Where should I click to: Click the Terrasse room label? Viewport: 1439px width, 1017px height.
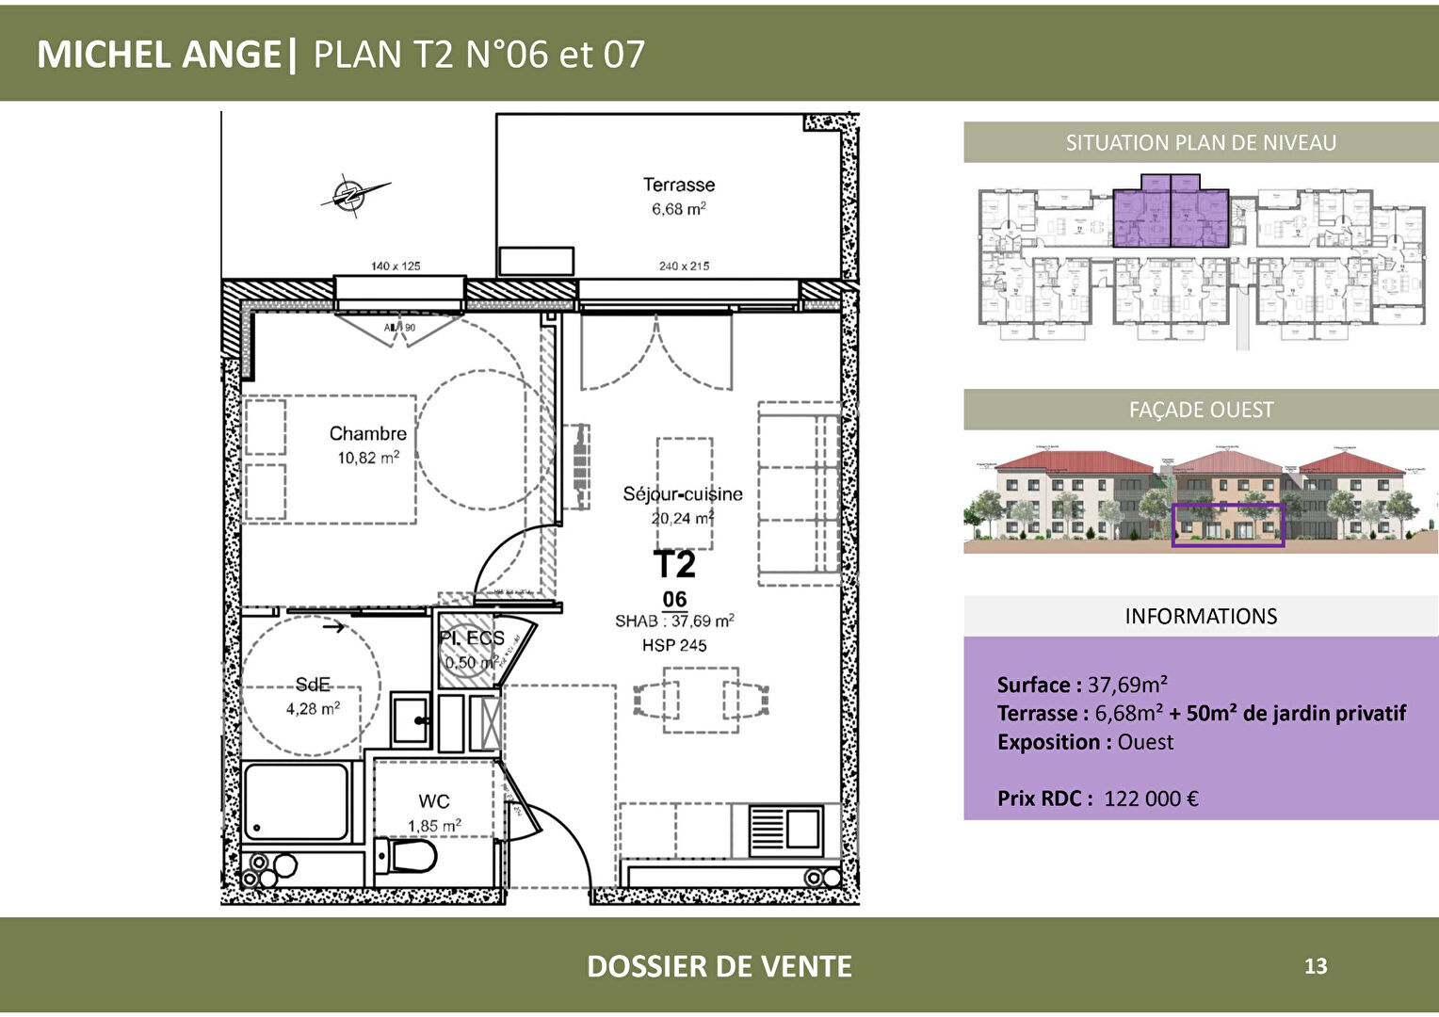click(678, 186)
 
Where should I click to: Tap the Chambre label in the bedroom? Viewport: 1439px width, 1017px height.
click(367, 434)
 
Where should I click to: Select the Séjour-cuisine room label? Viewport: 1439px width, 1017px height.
click(682, 494)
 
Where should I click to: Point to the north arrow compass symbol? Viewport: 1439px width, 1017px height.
click(351, 194)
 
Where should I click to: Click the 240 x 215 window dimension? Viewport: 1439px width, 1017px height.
click(684, 266)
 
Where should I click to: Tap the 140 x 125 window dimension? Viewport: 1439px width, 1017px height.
click(396, 266)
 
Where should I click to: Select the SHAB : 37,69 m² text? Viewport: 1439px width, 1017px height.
click(674, 621)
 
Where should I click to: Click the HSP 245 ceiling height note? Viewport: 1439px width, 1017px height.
click(674, 646)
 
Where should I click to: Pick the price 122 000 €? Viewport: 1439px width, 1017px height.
click(1151, 799)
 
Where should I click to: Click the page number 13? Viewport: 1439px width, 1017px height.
click(1316, 966)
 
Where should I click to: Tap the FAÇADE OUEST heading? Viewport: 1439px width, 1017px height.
click(1201, 411)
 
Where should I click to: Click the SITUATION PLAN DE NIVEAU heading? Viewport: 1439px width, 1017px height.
click(1201, 143)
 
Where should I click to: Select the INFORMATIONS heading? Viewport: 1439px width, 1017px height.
click(1201, 617)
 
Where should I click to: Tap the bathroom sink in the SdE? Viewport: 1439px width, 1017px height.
click(411, 720)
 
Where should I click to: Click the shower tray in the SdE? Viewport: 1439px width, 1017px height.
click(297, 801)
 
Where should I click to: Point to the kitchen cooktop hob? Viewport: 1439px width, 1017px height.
click(785, 830)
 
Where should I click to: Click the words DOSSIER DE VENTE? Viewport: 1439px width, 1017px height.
click(719, 966)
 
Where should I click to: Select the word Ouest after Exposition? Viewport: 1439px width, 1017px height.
click(1145, 742)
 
